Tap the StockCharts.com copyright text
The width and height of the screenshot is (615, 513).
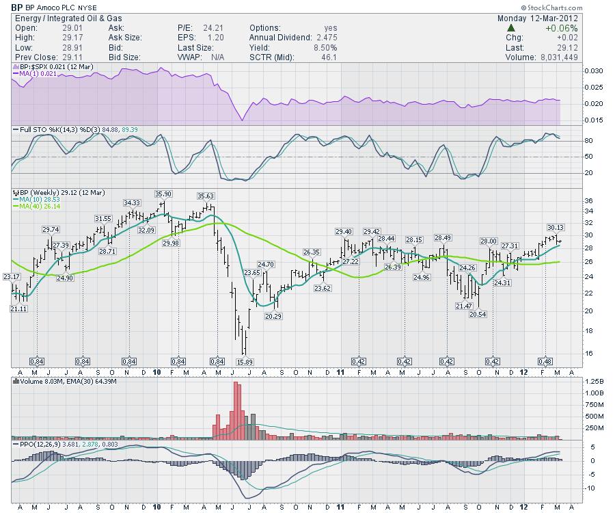(579, 7)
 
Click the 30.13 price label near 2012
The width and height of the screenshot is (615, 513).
(555, 227)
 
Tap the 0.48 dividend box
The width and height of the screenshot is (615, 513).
(545, 360)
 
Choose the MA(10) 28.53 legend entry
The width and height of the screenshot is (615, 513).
(38, 199)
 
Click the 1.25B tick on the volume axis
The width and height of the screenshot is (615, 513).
(594, 381)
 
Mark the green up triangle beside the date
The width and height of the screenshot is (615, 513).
(510, 28)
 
